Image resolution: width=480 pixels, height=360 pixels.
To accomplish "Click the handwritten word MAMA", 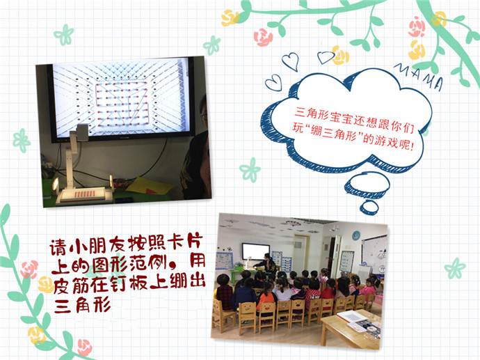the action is (x=419, y=76).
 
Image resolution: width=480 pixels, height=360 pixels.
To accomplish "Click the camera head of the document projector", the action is (x=82, y=132).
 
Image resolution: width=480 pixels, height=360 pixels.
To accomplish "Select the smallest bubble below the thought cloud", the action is (x=369, y=208).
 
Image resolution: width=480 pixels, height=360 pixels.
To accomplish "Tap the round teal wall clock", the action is (x=356, y=235).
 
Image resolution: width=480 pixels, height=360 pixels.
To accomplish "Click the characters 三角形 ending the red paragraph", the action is (x=83, y=305).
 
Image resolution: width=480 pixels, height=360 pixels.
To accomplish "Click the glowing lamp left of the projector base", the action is (x=56, y=185).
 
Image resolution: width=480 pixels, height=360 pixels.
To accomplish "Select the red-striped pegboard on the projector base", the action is (x=85, y=194).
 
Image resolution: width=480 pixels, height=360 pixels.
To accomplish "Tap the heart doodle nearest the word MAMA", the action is (x=326, y=57).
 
